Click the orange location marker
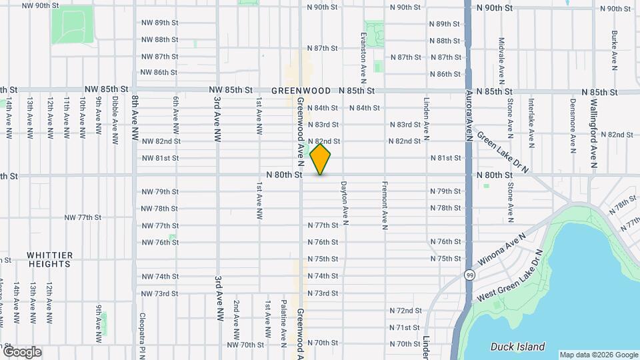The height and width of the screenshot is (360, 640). click(x=321, y=159)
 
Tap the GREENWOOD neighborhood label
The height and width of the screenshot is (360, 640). click(x=301, y=91)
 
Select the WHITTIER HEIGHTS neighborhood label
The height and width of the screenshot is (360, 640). click(x=49, y=259)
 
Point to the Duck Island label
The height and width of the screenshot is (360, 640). click(x=517, y=347)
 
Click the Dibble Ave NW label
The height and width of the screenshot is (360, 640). click(x=115, y=121)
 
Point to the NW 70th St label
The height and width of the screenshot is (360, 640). click(x=245, y=345)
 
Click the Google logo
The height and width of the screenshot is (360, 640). click(x=21, y=351)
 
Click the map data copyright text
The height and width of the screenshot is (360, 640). click(x=598, y=355)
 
